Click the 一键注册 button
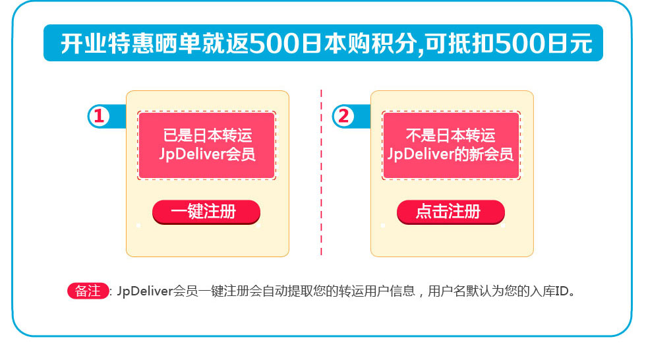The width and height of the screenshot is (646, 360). (x=206, y=212)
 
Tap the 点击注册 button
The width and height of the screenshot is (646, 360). (x=451, y=212)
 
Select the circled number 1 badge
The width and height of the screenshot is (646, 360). (x=99, y=116)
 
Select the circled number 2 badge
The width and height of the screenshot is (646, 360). (x=343, y=116)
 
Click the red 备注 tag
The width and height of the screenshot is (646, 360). (x=88, y=291)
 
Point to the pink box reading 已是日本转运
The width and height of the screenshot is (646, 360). (x=207, y=146)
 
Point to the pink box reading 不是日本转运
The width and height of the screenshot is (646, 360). (x=451, y=146)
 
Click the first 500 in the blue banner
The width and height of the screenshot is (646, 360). (x=275, y=44)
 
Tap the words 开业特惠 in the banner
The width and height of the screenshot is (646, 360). (x=107, y=44)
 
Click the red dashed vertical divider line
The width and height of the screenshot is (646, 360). (x=321, y=173)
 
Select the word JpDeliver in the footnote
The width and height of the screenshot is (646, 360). (x=144, y=291)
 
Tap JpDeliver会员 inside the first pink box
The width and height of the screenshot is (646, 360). (x=207, y=154)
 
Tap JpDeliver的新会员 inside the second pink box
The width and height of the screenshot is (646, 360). (x=451, y=154)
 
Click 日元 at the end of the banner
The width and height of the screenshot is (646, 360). (x=570, y=44)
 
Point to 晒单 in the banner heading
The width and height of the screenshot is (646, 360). (x=178, y=44)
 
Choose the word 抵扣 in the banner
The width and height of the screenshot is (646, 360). (x=471, y=44)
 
